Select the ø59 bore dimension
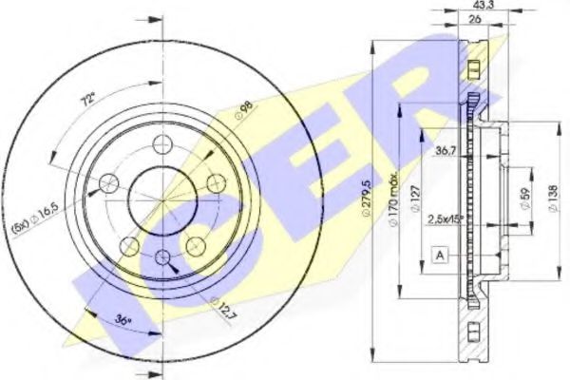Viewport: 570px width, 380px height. tap(522, 199)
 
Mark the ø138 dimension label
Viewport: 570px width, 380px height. tap(557, 199)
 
